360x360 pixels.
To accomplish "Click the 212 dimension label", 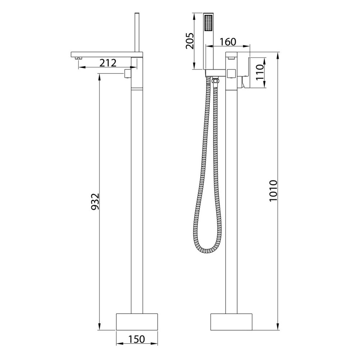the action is click(108, 63).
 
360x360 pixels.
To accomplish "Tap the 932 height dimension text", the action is click(95, 202).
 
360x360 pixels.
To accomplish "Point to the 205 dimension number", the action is click(190, 41).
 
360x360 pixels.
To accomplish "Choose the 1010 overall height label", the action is click(274, 191).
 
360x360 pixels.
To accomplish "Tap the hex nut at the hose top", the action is click(215, 81).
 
